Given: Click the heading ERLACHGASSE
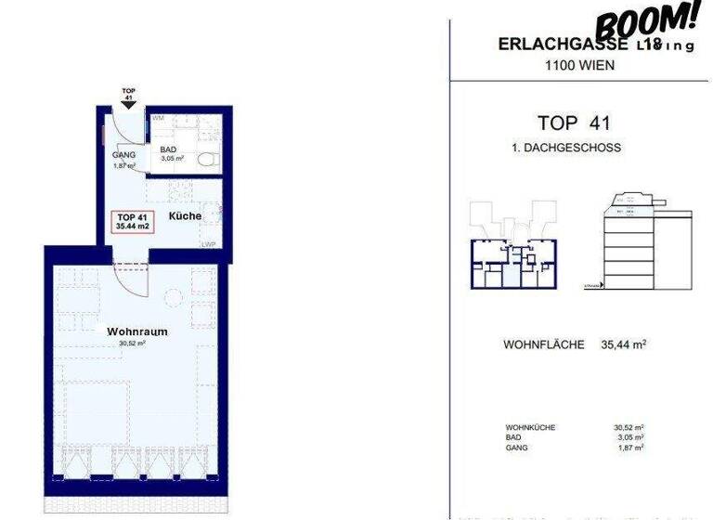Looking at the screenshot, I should point(554,45).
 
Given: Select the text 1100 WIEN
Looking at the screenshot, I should point(577,65).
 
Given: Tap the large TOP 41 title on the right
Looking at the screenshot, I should point(576,123).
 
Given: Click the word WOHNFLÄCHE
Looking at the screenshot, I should point(543,345).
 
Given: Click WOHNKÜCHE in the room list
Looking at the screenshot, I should point(530,428).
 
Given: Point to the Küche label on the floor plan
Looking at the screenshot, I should point(185,216).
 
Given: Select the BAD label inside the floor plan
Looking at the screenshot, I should point(168,149).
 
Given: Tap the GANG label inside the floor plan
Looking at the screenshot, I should point(123,155).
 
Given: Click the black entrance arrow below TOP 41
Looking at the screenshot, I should point(127,106).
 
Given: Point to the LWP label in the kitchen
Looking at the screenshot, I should point(207,245).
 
